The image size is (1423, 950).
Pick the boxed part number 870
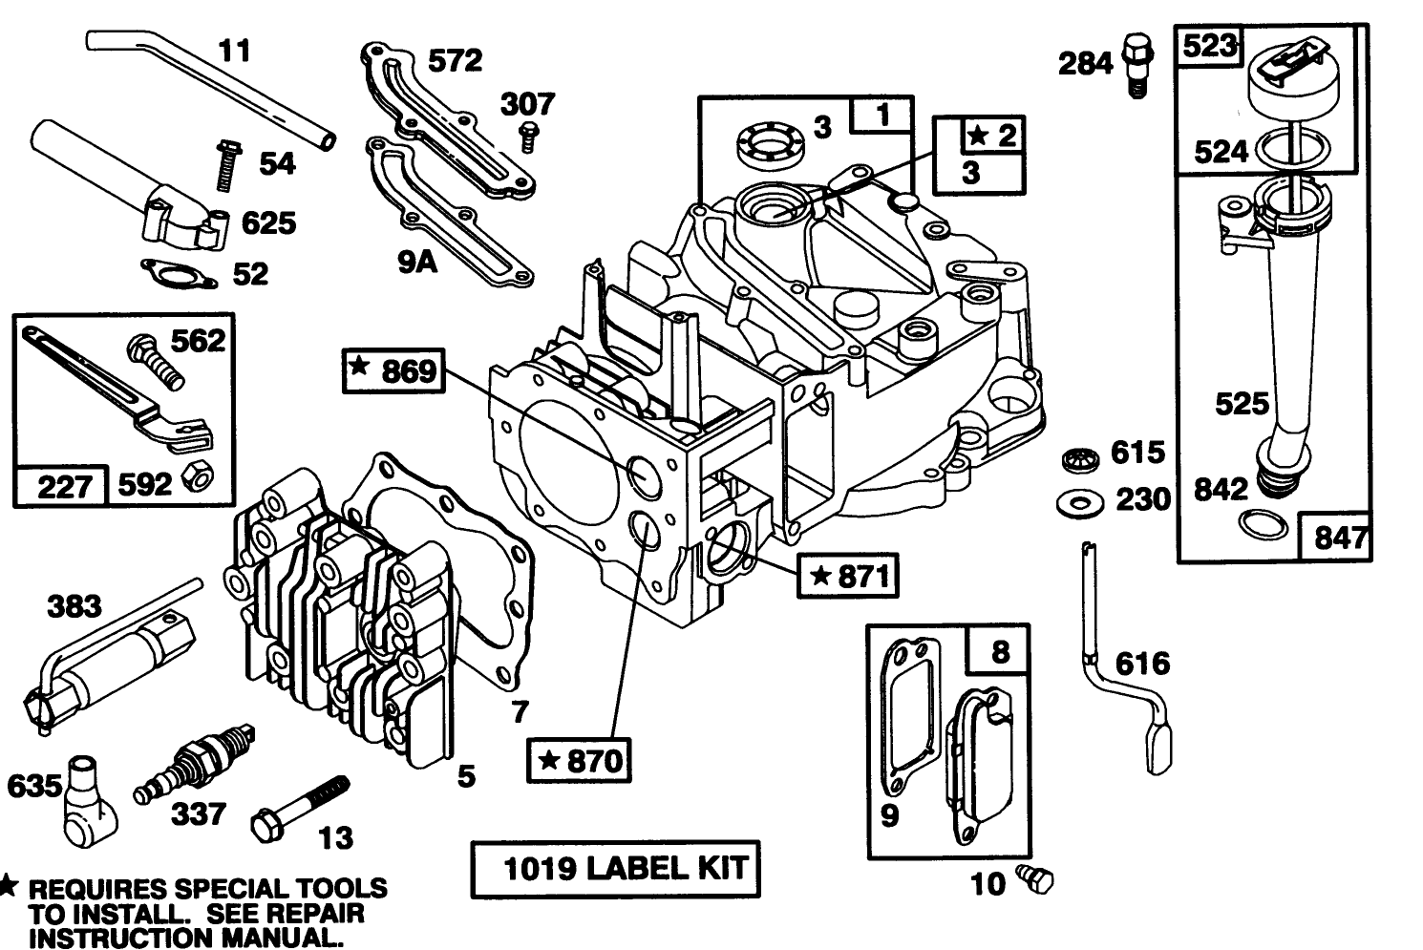580,760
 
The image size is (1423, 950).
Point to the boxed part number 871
848,576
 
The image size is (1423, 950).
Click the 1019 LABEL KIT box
616,869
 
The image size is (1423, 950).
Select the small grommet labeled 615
1079,458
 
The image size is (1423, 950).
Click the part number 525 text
1242,404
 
